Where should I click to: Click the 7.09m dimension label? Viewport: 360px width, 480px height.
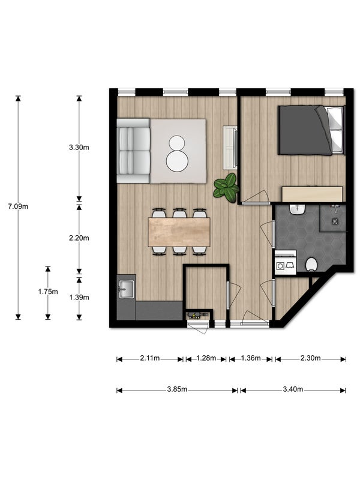(x=18, y=206)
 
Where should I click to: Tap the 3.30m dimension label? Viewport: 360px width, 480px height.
(x=79, y=147)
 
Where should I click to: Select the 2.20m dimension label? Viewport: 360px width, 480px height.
(x=79, y=238)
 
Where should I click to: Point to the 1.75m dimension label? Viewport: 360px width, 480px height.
(x=48, y=292)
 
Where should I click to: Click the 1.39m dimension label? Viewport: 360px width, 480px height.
(x=79, y=297)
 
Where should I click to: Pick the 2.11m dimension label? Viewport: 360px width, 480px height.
(x=149, y=359)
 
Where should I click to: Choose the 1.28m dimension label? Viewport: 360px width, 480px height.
(x=206, y=359)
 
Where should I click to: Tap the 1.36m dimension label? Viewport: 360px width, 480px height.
(x=251, y=359)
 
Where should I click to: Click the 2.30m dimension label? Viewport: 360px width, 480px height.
(x=310, y=359)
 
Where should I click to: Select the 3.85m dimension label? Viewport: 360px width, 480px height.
(x=177, y=390)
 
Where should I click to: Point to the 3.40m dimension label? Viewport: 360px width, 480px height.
(x=292, y=390)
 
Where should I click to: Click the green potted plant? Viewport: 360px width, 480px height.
(x=227, y=188)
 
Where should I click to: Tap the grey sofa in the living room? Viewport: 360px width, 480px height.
(x=133, y=150)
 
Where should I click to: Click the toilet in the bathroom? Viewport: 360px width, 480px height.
(x=311, y=265)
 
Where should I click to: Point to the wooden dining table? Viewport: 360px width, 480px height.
(x=179, y=232)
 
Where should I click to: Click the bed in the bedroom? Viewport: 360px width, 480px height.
(x=311, y=130)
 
